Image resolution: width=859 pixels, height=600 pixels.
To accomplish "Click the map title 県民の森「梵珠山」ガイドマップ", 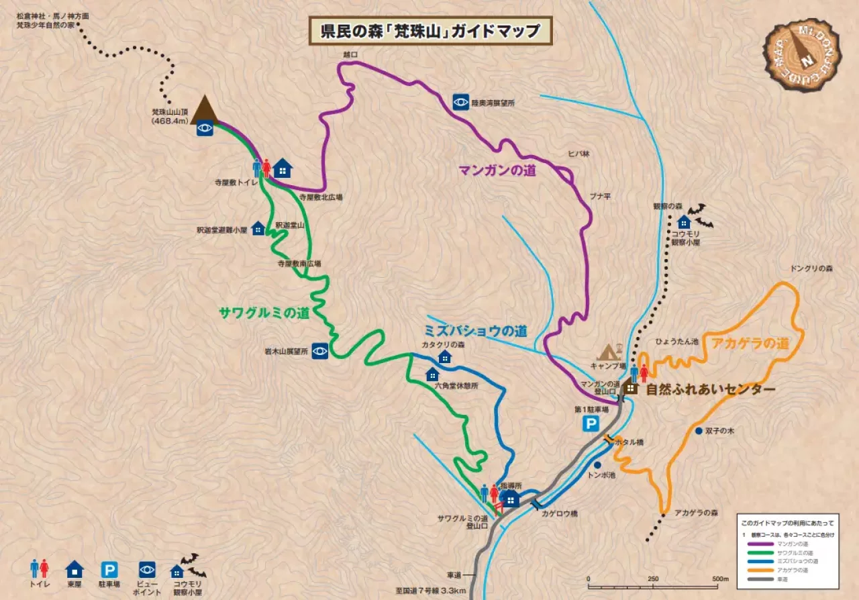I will [429, 31].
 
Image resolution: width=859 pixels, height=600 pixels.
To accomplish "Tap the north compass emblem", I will [802, 54].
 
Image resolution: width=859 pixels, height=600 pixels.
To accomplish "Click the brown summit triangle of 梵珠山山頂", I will [204, 110].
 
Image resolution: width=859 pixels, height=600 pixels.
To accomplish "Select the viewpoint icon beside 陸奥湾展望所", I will [460, 102].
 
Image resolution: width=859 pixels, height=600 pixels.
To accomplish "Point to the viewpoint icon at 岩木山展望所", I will [320, 350].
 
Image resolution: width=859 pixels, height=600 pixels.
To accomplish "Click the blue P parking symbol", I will [591, 423].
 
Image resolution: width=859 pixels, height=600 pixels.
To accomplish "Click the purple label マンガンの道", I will [497, 170].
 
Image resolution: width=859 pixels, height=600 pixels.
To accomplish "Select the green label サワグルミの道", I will [264, 313].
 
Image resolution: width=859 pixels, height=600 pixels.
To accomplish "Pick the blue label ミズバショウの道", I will [474, 331].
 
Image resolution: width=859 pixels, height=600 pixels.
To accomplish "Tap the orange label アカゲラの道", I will [750, 344].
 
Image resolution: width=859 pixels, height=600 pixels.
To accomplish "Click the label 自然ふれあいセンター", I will [710, 389].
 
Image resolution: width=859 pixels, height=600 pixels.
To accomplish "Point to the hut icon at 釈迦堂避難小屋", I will [258, 229].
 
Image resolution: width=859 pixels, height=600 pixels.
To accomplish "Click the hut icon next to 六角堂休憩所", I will [432, 374].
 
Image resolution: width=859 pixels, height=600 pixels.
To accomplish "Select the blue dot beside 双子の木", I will [699, 431].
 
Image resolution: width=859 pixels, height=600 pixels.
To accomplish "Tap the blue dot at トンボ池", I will [597, 464].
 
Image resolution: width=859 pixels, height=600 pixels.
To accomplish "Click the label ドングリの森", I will [811, 268].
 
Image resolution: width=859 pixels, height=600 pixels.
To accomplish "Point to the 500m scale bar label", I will [720, 579].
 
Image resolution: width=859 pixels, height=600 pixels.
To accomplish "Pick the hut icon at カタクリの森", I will [444, 357].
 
